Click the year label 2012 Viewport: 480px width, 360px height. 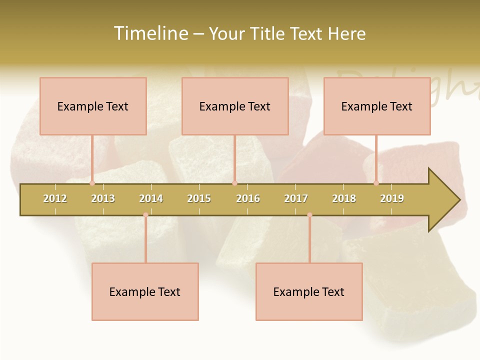[55, 198]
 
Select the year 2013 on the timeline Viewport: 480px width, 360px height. [103, 198]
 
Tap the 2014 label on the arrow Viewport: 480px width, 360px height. [151, 198]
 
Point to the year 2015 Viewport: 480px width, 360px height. [199, 198]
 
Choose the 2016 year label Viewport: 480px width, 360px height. [248, 198]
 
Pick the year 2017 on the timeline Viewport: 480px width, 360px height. [296, 198]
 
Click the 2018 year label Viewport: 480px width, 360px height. [344, 198]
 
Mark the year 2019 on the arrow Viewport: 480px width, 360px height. [392, 198]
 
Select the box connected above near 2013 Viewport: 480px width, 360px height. [93, 106]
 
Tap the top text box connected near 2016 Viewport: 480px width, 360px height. [235, 106]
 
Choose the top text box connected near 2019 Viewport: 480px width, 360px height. [377, 106]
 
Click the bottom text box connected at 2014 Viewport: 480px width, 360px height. [145, 291]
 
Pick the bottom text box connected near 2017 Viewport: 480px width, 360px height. [309, 291]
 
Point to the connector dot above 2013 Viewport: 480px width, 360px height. [92, 183]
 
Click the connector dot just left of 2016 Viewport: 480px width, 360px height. [234, 183]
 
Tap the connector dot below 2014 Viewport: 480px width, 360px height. [145, 215]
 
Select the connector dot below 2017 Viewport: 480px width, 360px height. [309, 215]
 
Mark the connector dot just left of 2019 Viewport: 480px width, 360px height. [376, 183]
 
